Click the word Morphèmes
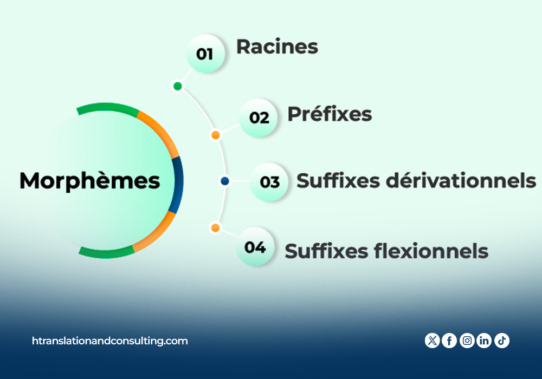(90, 180)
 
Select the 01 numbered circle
(205, 54)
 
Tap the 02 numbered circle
(259, 117)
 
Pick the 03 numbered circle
(269, 182)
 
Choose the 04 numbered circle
(255, 246)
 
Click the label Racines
(277, 47)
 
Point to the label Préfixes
(330, 114)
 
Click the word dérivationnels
(461, 180)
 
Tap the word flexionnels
(431, 251)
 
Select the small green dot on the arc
(178, 86)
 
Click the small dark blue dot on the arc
(225, 181)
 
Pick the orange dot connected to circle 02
(216, 135)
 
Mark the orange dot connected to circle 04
(215, 228)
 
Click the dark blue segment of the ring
(179, 185)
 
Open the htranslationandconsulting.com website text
(110, 341)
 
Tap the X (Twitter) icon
(432, 341)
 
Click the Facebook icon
(449, 341)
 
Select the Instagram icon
(467, 341)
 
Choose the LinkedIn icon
(484, 341)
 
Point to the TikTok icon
(502, 341)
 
